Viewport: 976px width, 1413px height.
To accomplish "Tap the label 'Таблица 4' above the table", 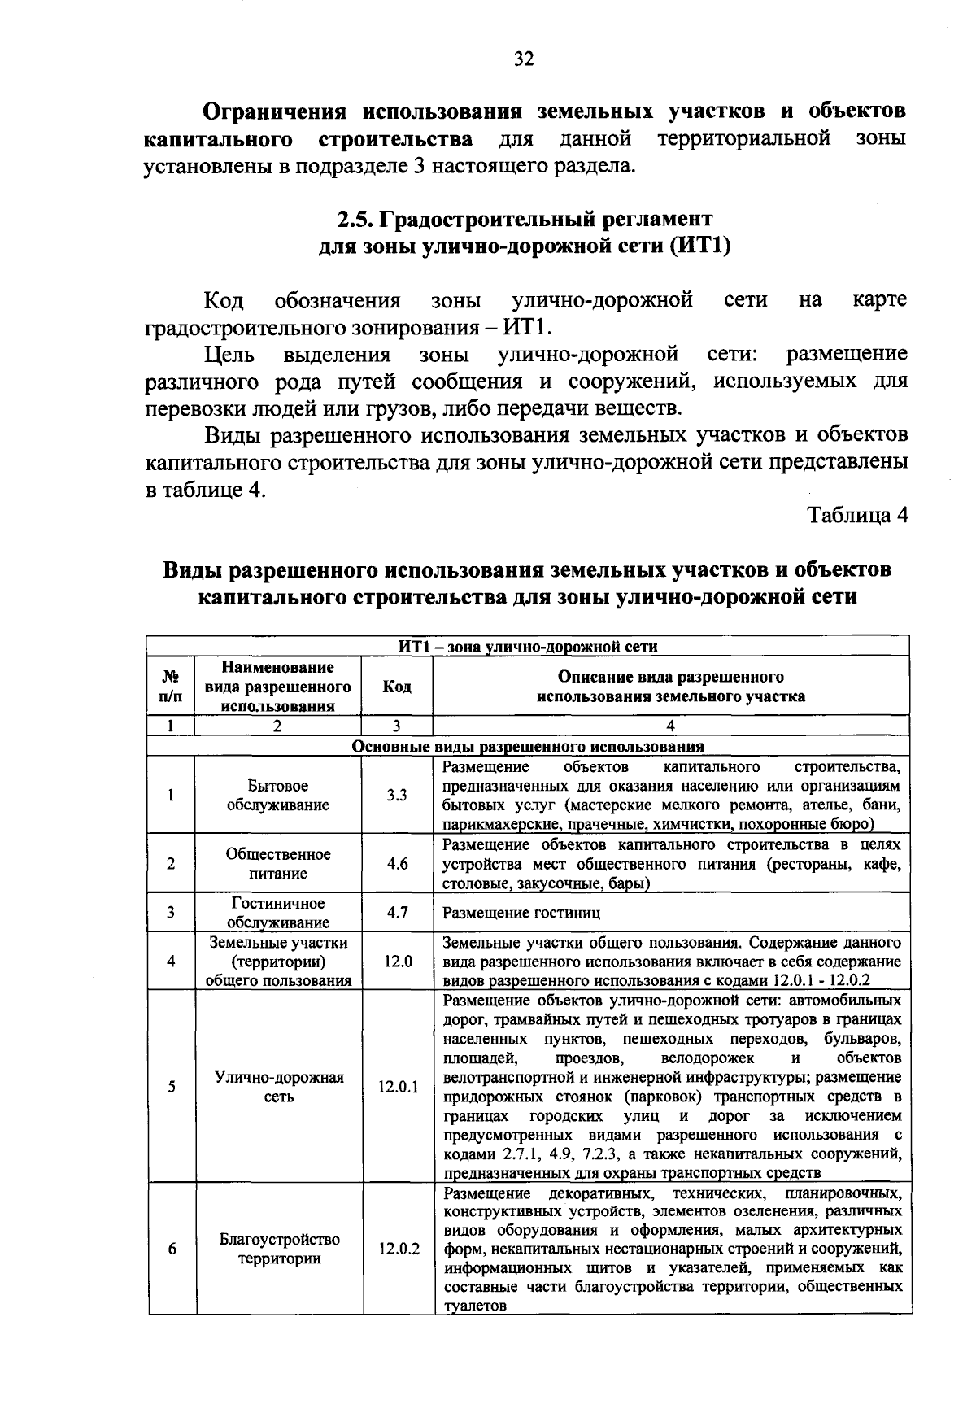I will pos(856,517).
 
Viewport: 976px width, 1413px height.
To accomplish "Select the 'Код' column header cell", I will pos(397,687).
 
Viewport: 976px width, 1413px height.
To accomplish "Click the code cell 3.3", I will pos(397,795).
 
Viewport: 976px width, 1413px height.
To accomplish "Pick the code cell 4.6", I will pos(397,864).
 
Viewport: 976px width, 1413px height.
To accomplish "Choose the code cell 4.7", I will pos(397,913).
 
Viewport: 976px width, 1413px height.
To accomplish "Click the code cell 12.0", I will pos(397,962).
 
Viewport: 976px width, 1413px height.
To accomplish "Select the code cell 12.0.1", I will pos(397,1086).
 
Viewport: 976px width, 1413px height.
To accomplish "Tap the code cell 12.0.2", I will pos(397,1249).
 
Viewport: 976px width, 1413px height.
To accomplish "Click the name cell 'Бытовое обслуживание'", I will pos(278,795).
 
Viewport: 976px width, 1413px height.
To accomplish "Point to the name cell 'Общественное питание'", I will pos(278,864).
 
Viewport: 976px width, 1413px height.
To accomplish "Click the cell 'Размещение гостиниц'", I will pos(521,913).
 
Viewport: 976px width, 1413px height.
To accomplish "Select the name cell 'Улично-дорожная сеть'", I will pos(278,1086).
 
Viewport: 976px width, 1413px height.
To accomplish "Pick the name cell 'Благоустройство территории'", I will pos(278,1249).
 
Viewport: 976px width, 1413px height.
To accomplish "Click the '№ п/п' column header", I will pos(171,687).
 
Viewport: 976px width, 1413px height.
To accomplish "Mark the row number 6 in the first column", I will pos(172,1249).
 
